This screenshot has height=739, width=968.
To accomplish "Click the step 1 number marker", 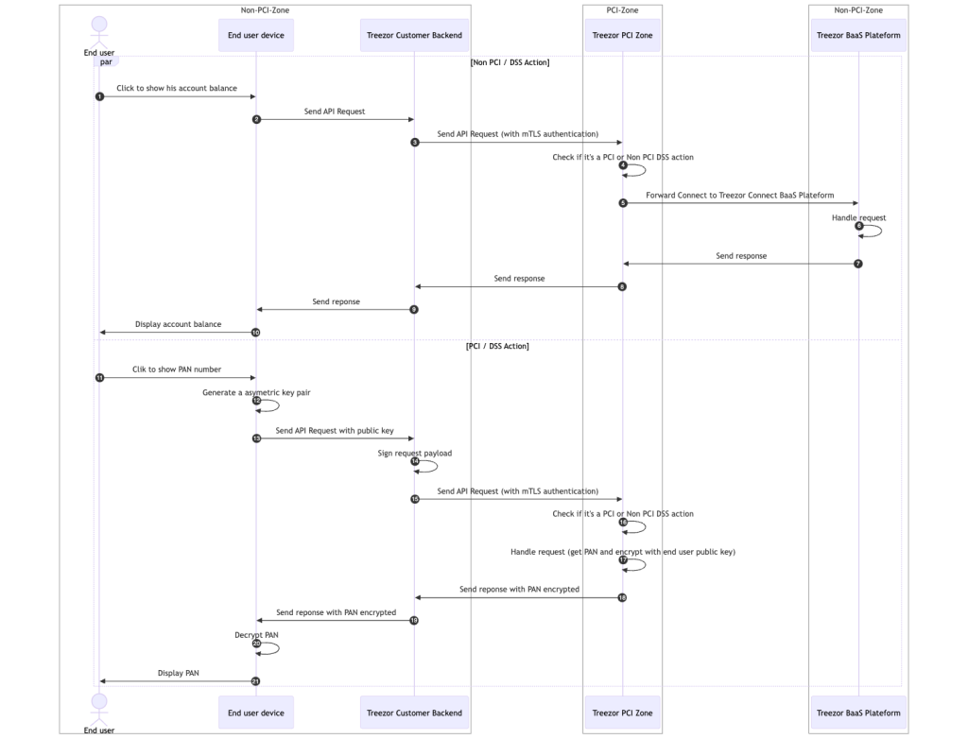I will [99, 96].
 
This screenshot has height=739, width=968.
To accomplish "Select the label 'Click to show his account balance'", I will [177, 88].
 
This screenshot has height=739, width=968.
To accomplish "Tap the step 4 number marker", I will [623, 165].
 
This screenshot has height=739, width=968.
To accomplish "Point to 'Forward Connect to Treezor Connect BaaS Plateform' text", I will [740, 195].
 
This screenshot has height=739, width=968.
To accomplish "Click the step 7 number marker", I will [858, 264].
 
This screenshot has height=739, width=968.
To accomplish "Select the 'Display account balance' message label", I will [178, 324].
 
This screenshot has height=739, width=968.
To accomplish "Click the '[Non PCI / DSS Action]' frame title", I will [510, 62].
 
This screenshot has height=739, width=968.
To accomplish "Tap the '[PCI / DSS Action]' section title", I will [497, 346].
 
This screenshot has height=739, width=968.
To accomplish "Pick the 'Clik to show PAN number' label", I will [177, 369].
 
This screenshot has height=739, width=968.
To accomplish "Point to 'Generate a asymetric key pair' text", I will [256, 392].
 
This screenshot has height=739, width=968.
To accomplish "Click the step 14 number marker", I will [415, 461].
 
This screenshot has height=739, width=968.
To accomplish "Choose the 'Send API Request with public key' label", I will [335, 430].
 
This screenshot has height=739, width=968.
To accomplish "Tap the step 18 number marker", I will [622, 597].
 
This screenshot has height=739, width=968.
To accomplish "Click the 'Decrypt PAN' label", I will [256, 635].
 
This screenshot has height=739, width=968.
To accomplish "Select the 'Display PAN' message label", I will [178, 673].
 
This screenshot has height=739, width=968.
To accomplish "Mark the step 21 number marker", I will [256, 680].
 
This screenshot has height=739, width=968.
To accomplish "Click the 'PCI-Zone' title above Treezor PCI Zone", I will [622, 10].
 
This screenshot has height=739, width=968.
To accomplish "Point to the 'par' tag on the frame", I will [106, 62].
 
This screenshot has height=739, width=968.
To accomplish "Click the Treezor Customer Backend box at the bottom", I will [414, 713].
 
